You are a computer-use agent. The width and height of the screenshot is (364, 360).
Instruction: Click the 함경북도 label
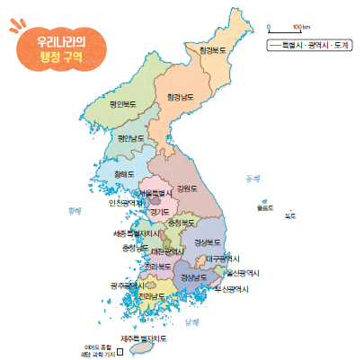[214, 50]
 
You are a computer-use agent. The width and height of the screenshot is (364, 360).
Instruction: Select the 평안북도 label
[125, 104]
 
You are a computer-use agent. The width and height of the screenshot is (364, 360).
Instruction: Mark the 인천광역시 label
[127, 203]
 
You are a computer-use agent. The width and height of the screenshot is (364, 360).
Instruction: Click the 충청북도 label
[181, 221]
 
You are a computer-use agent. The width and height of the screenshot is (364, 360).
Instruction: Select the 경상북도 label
[208, 241]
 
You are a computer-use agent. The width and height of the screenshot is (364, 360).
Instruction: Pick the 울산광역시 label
[243, 272]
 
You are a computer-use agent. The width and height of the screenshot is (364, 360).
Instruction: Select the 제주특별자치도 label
[144, 338]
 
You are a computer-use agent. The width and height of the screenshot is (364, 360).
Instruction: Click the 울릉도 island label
[264, 207]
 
